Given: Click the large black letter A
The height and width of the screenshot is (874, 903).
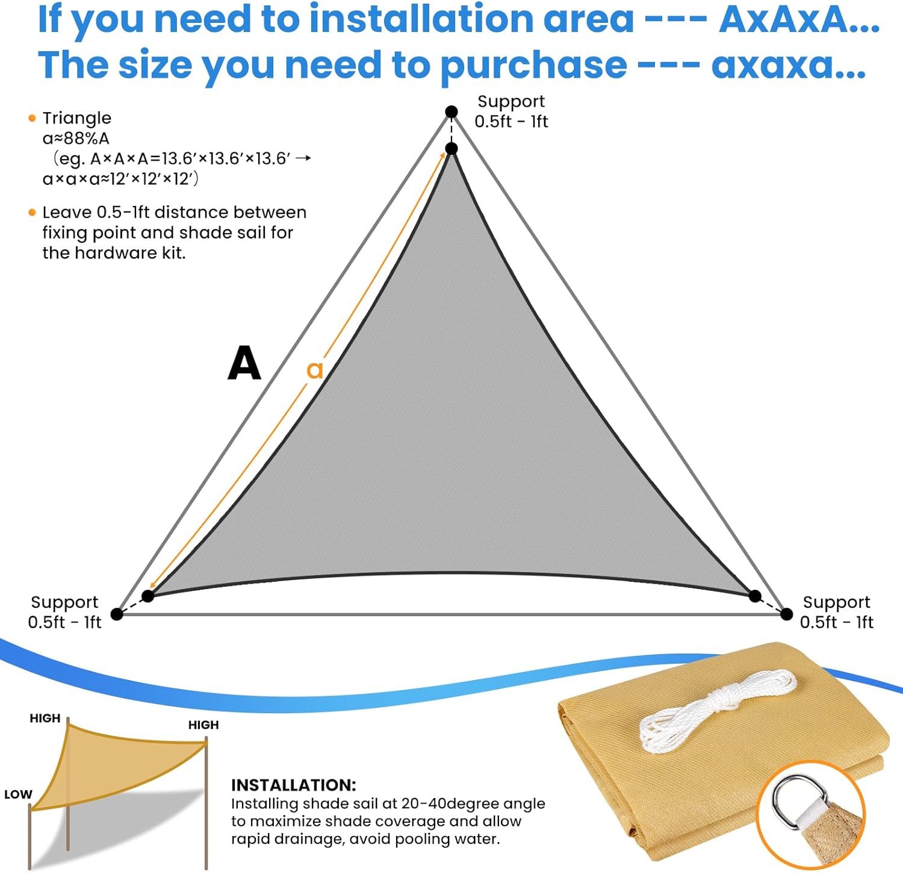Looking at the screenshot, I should pyautogui.click(x=244, y=363).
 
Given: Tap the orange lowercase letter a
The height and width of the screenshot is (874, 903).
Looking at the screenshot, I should pyautogui.click(x=315, y=370).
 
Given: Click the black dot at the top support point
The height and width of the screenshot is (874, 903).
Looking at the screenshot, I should pyautogui.click(x=451, y=111).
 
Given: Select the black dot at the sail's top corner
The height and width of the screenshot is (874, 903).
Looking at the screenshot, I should pyautogui.click(x=451, y=149).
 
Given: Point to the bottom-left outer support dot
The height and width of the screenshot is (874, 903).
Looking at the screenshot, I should pyautogui.click(x=117, y=614).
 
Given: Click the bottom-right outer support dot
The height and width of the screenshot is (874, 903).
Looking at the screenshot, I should pyautogui.click(x=786, y=614).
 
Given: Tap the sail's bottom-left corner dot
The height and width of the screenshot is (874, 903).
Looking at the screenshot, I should pyautogui.click(x=148, y=596).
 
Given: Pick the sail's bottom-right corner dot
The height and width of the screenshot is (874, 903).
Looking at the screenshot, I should pyautogui.click(x=755, y=596).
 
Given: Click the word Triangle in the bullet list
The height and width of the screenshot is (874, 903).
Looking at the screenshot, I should pyautogui.click(x=76, y=118).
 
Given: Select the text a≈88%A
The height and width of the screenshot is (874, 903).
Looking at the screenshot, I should pyautogui.click(x=76, y=139).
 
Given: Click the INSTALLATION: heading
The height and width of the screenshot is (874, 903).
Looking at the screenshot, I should pyautogui.click(x=293, y=785).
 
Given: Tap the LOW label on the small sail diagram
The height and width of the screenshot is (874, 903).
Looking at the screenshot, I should pyautogui.click(x=18, y=794).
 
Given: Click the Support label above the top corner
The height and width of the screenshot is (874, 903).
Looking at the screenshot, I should pyautogui.click(x=510, y=101).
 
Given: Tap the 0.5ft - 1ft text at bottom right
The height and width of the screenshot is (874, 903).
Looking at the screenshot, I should pyautogui.click(x=836, y=622).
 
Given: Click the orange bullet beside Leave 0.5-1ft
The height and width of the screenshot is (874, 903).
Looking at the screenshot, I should pyautogui.click(x=33, y=213).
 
